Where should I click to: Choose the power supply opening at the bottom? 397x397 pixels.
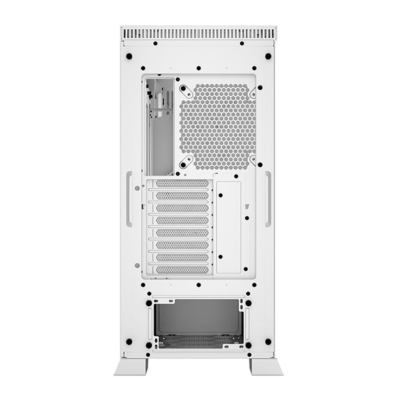[x=198, y=320]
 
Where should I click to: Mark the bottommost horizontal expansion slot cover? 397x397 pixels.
[x=179, y=268]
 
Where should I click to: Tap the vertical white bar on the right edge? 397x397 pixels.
[x=268, y=199]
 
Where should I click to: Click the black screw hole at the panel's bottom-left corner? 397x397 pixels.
[x=130, y=342]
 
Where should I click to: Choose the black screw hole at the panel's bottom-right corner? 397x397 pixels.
[x=268, y=342]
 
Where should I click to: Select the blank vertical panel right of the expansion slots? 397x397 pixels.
[x=229, y=224]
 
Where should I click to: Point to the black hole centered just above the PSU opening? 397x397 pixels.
[x=198, y=285]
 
